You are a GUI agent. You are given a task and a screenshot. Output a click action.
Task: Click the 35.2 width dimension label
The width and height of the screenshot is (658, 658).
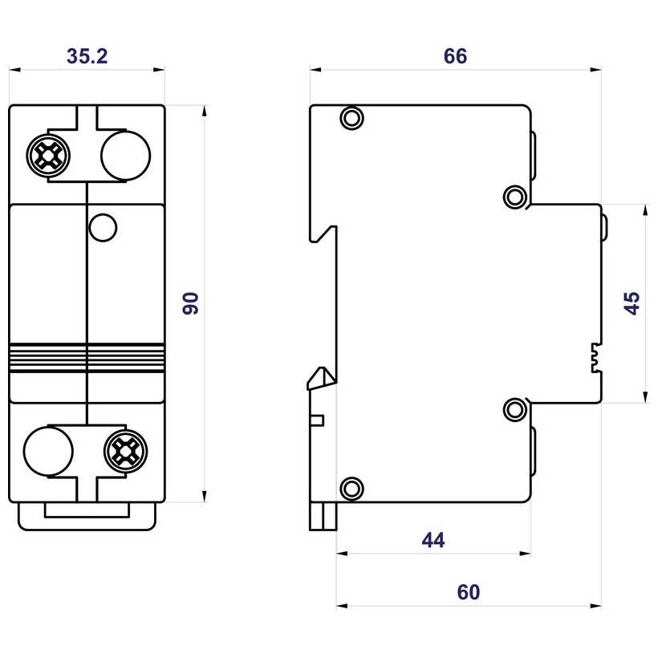coord(87,56)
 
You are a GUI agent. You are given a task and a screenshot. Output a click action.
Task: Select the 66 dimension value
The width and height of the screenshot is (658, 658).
coord(455,56)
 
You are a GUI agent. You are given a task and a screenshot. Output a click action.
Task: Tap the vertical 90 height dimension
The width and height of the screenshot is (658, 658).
coord(191,303)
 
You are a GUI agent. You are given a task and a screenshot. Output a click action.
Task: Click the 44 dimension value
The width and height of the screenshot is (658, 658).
coord(433,540)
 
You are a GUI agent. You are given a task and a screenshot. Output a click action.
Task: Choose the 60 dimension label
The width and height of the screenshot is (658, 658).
coord(469,593)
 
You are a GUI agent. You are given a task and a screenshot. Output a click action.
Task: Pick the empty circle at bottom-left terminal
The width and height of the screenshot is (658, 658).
coord(47,452)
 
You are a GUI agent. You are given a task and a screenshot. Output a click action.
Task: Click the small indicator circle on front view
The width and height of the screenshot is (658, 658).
coord(103,227)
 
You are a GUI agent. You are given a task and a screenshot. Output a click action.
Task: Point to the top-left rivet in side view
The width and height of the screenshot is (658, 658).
coord(351,119)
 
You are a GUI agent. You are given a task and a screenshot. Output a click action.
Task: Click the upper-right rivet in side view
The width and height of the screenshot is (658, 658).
coord(515,196)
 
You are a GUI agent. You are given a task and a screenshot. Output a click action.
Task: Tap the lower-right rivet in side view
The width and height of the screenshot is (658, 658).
coord(515,410)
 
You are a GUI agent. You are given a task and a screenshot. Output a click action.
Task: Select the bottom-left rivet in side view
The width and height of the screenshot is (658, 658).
coord(351,487)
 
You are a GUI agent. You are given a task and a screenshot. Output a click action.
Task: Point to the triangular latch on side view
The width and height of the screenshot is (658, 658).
coord(321,378)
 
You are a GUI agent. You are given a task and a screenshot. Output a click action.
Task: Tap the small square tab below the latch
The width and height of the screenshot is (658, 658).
coord(318,420)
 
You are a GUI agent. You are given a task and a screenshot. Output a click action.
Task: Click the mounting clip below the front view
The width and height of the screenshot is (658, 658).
coord(86,517)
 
